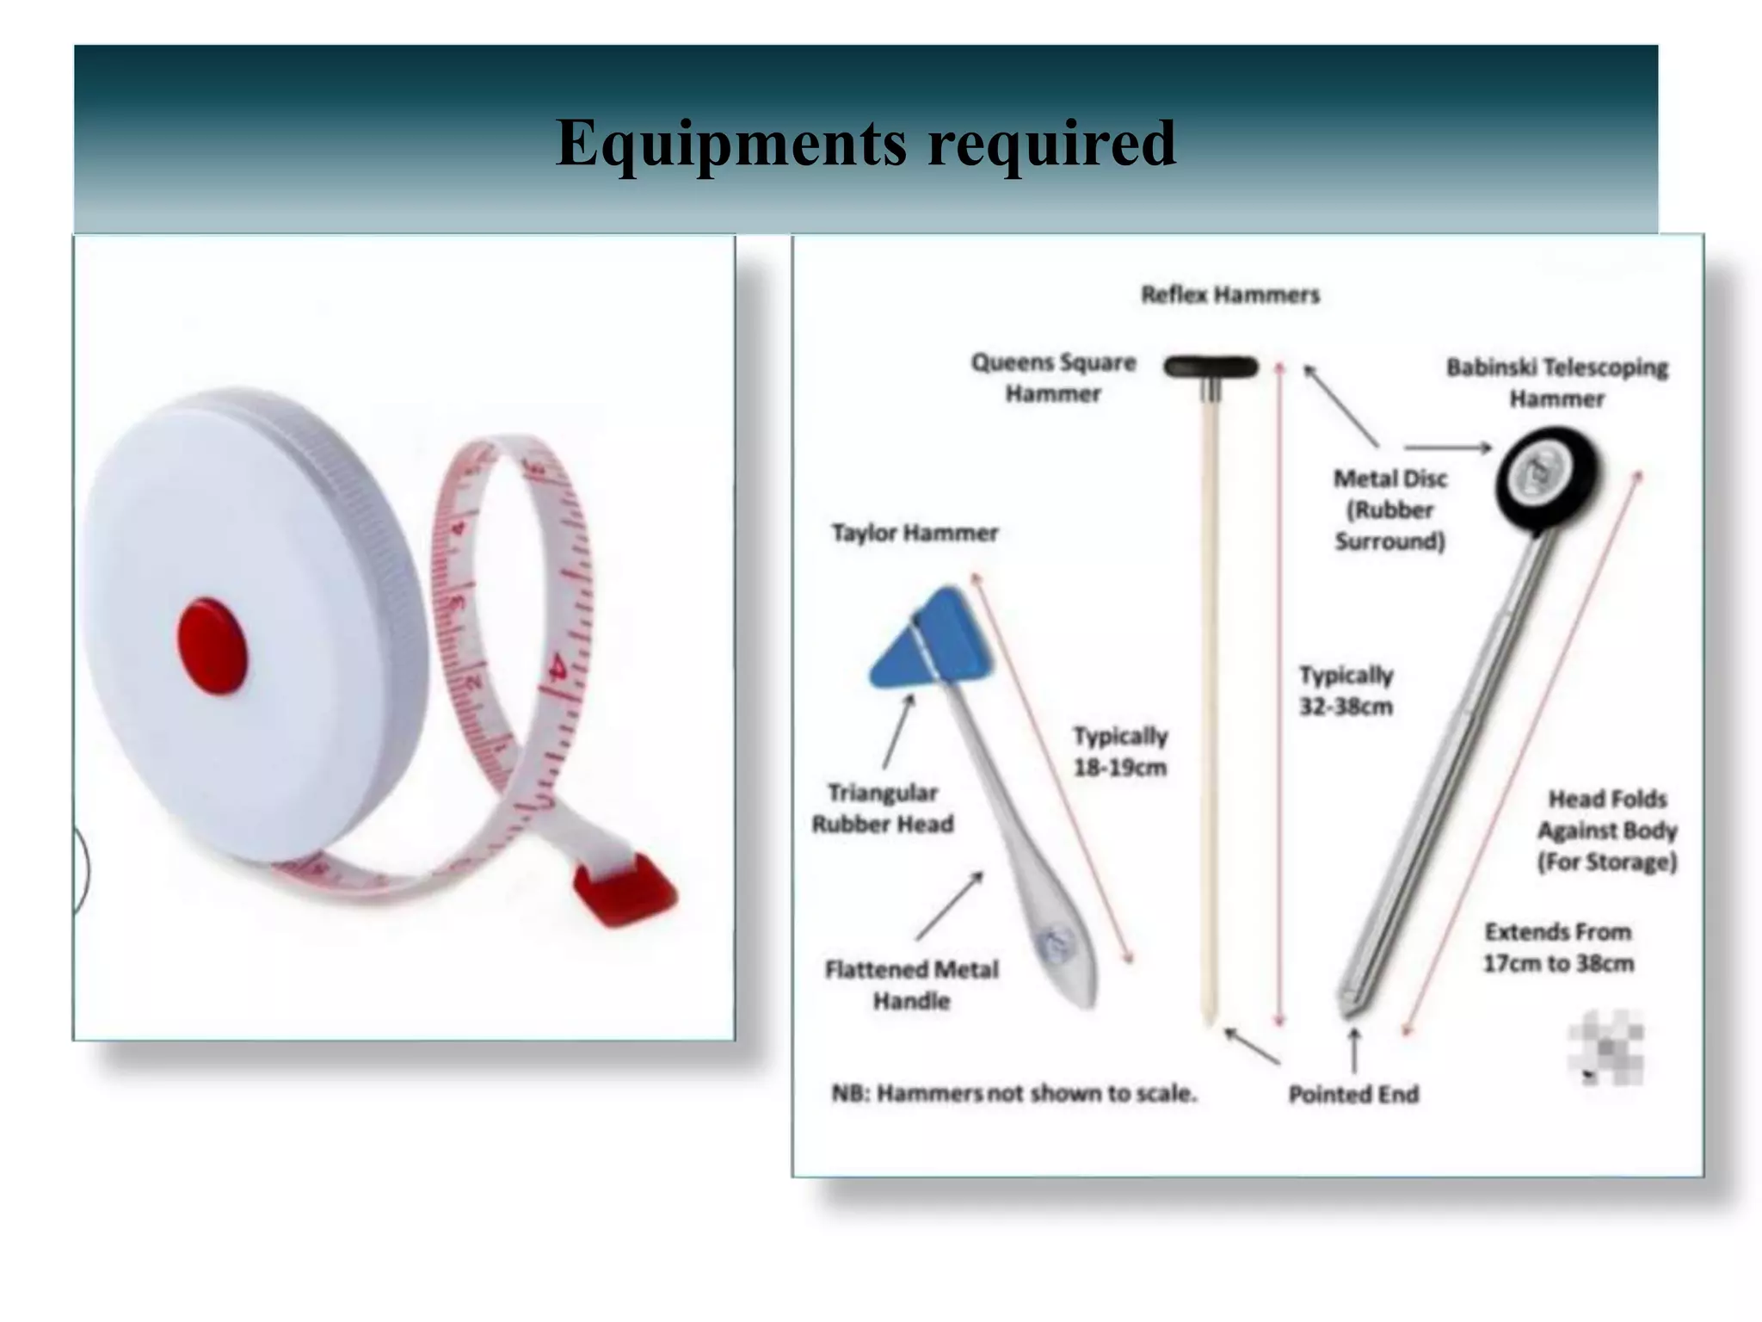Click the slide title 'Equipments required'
pyautogui.click(x=866, y=143)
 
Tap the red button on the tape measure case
pyautogui.click(x=213, y=644)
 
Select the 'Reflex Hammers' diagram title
pyautogui.click(x=1229, y=295)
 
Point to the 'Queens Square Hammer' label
pyautogui.click(x=1053, y=378)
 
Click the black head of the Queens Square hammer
pyautogui.click(x=1211, y=368)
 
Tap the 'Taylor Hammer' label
pyautogui.click(x=915, y=534)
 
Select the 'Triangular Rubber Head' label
pyautogui.click(x=883, y=808)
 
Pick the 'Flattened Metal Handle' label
pyautogui.click(x=912, y=985)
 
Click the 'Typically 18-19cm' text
pyautogui.click(x=1120, y=751)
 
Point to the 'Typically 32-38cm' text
pyautogui.click(x=1346, y=690)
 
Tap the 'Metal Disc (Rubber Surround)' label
pyautogui.click(x=1390, y=510)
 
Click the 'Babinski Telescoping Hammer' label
pyautogui.click(x=1556, y=383)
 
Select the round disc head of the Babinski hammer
pyautogui.click(x=1545, y=477)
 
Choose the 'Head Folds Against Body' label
pyautogui.click(x=1607, y=831)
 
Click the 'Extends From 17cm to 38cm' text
pyautogui.click(x=1558, y=948)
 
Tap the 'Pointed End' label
pyautogui.click(x=1353, y=1094)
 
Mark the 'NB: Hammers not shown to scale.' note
pyautogui.click(x=1013, y=1094)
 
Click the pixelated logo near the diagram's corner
pyautogui.click(x=1605, y=1047)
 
